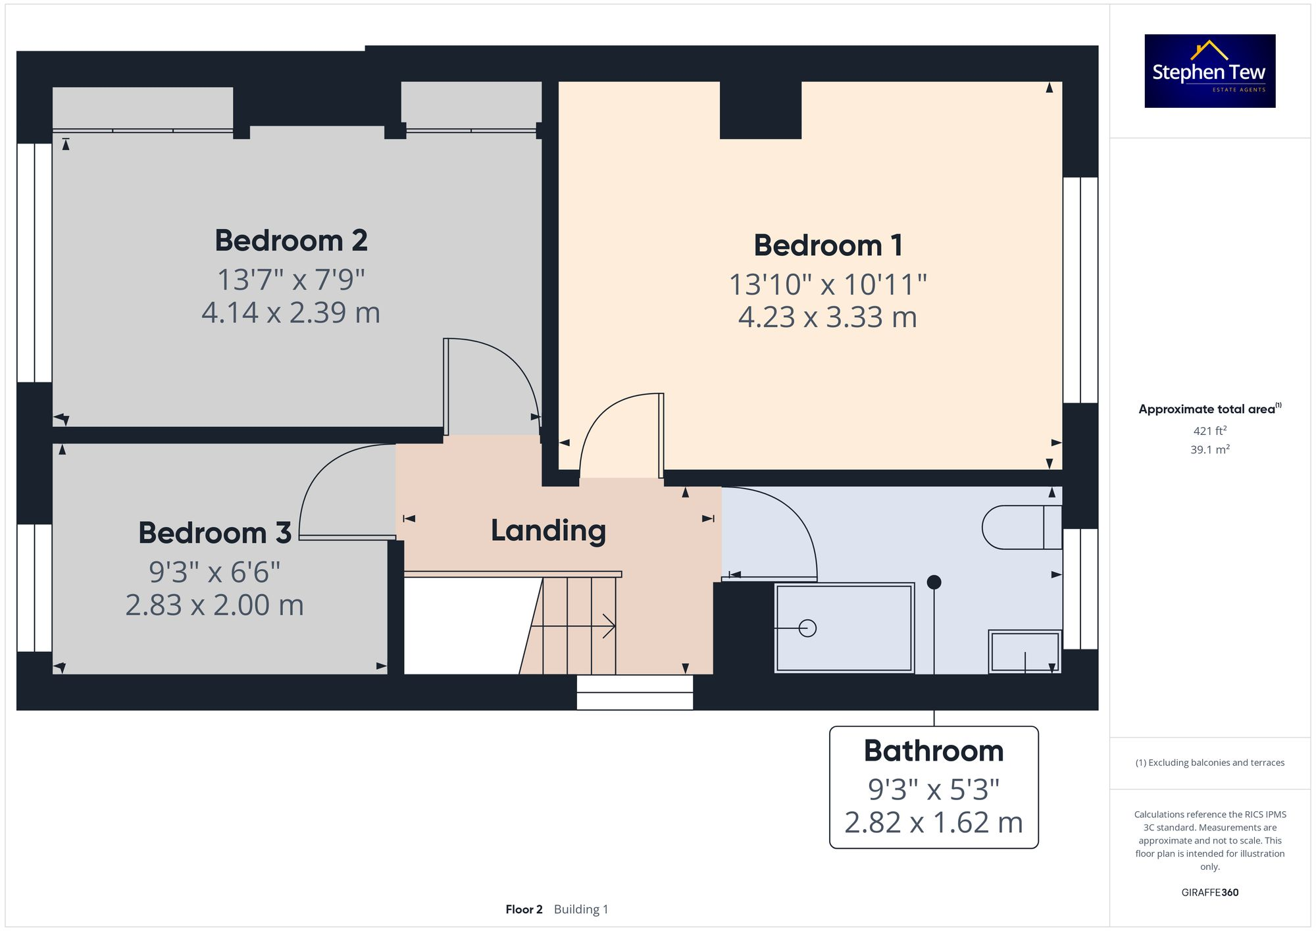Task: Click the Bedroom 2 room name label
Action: (291, 241)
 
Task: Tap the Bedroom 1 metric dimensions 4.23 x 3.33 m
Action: (827, 317)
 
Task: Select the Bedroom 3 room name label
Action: (215, 533)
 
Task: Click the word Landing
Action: (548, 530)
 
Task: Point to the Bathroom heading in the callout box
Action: (933, 751)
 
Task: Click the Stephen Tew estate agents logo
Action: (1209, 71)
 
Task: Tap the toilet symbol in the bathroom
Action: (1021, 527)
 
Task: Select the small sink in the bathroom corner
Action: (1025, 651)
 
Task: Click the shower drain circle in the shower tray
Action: (807, 628)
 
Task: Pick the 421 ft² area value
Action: (1209, 431)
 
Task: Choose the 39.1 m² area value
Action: (1209, 450)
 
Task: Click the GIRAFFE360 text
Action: (1209, 893)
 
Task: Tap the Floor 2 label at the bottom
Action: (524, 909)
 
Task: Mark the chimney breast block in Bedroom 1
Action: (760, 110)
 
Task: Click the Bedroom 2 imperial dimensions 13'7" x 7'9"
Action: (291, 280)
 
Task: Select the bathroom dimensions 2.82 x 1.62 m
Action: (933, 823)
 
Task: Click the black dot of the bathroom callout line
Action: (934, 582)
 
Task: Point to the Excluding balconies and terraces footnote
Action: (1209, 763)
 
